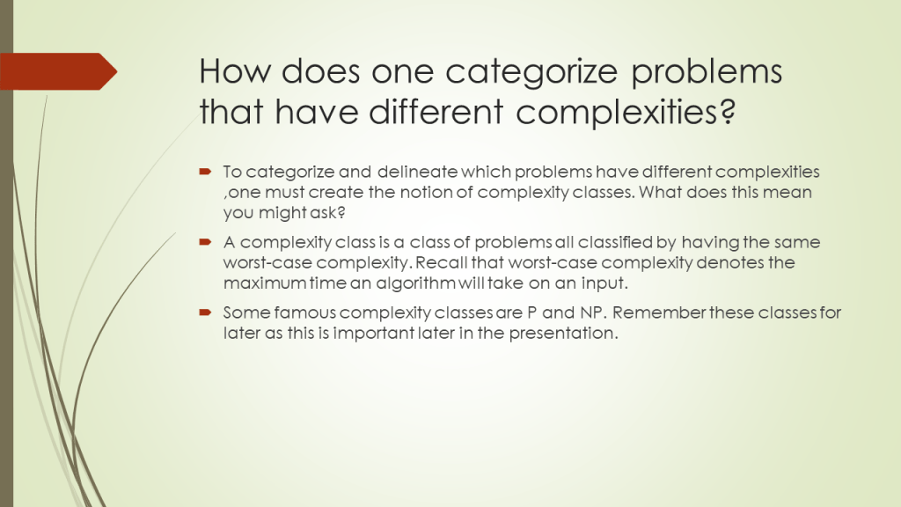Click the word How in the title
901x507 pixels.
[x=235, y=71]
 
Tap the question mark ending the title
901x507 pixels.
[x=728, y=111]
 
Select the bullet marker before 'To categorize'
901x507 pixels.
[x=205, y=172]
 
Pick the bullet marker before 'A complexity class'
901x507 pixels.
[x=205, y=242]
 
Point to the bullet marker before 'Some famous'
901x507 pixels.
[x=205, y=312]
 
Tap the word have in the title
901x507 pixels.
[x=317, y=111]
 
